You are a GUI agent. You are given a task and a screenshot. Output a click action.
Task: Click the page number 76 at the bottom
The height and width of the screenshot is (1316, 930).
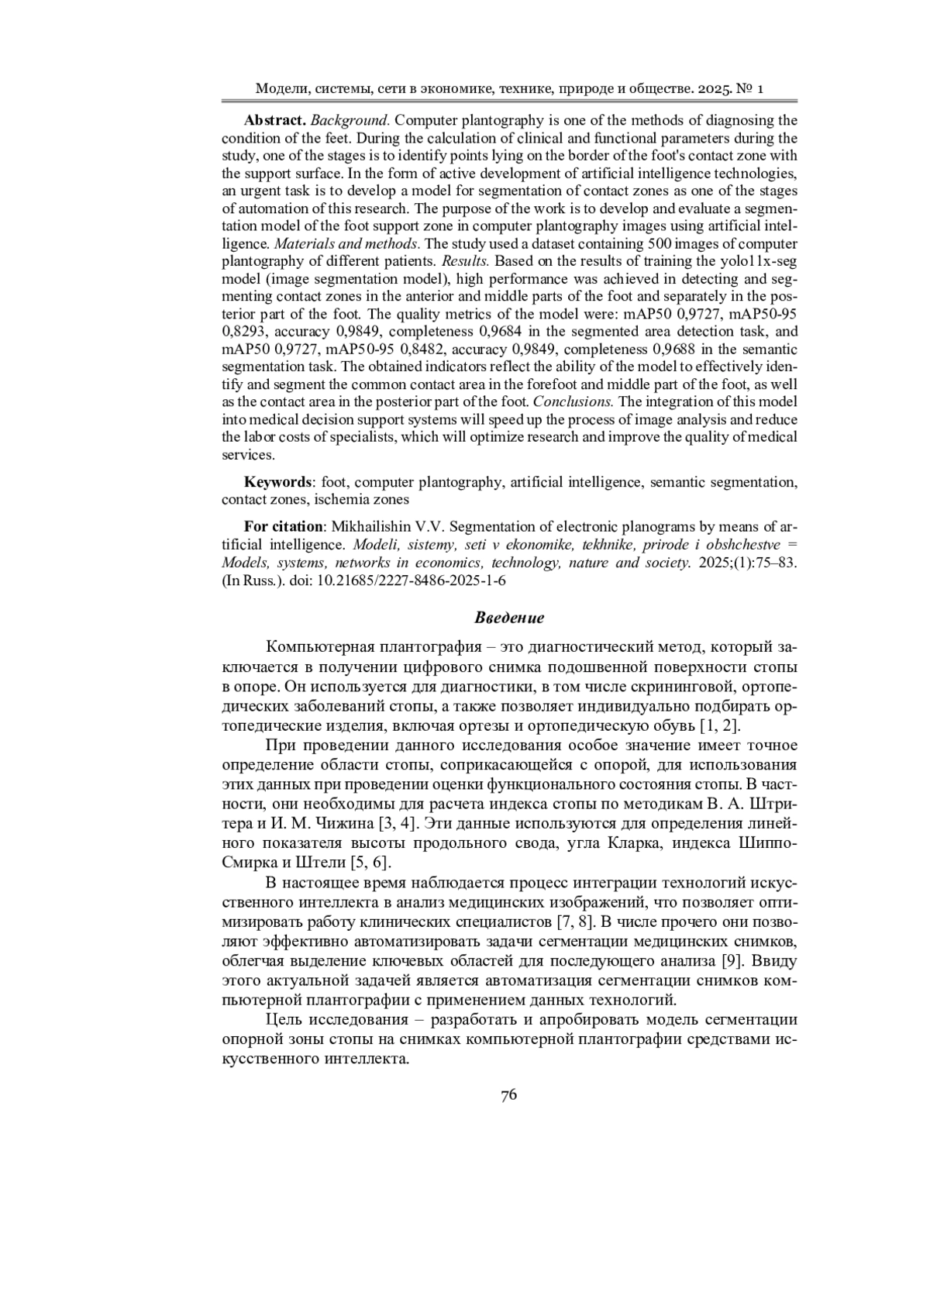pyautogui.click(x=508, y=1095)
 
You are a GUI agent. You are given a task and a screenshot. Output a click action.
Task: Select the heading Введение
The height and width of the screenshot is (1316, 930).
pyautogui.click(x=509, y=618)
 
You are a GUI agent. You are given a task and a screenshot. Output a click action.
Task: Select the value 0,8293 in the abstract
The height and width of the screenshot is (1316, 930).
pyautogui.click(x=244, y=332)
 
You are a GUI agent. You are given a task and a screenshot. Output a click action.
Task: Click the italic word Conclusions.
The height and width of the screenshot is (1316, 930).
pyautogui.click(x=573, y=402)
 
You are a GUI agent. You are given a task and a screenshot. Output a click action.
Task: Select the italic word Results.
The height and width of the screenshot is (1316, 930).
pyautogui.click(x=465, y=260)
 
